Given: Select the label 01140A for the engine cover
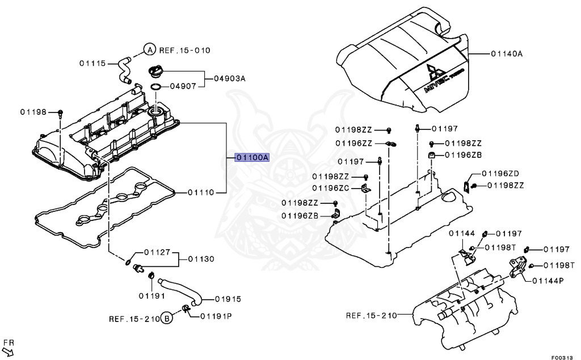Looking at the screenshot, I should pos(506,54).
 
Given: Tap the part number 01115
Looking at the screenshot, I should pos(92,63).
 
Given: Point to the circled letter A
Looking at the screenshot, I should pos(149,50).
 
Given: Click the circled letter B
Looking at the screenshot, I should pos(167,319).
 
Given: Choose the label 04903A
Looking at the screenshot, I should pos(229,79).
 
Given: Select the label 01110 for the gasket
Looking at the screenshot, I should pos(201,192).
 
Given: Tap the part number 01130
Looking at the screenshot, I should pos(201,259).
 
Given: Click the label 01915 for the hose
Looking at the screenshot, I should pos(228,299).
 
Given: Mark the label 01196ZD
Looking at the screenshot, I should pos(501,173).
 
